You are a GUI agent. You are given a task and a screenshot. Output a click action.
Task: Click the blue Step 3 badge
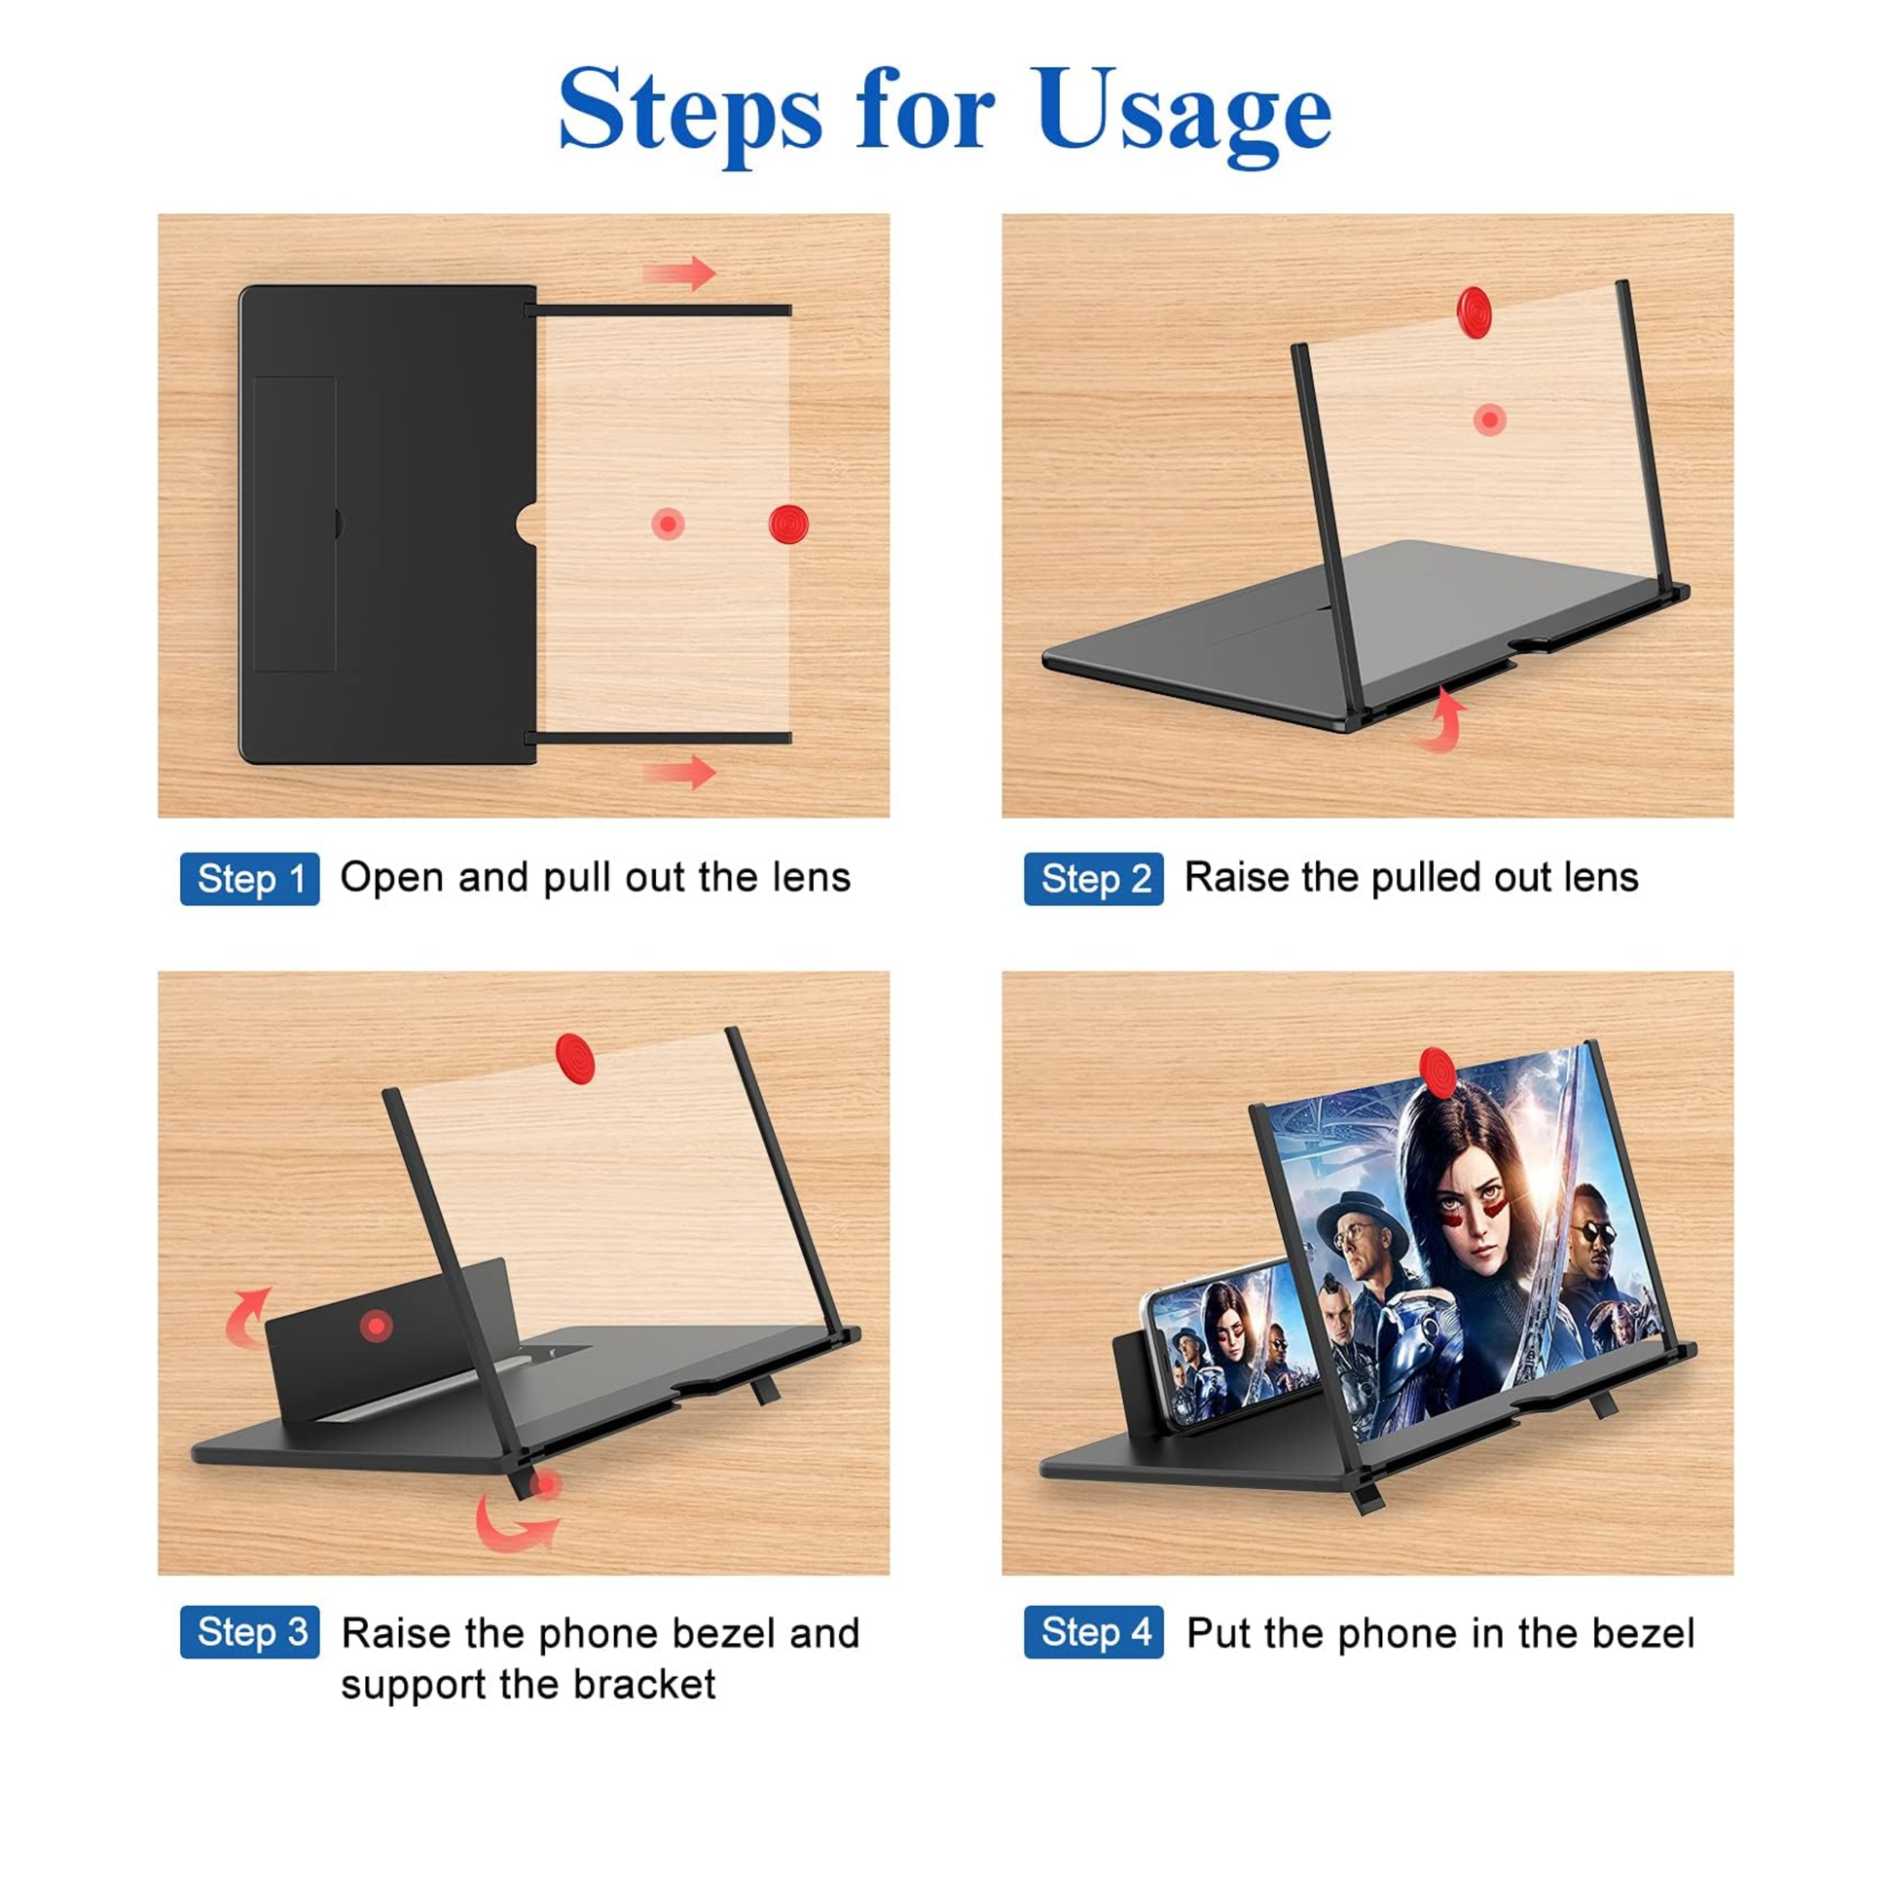(250, 1632)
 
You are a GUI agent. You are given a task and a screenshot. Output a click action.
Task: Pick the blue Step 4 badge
(1094, 1632)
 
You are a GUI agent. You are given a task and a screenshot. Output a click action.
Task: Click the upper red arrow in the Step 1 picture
(679, 273)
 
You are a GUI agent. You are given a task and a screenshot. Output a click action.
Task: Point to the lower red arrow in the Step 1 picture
(679, 772)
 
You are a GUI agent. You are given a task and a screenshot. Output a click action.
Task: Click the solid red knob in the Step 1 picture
(788, 525)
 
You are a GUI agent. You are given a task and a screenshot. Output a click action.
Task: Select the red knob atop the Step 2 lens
(1474, 311)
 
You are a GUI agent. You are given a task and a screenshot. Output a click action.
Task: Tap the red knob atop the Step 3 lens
(574, 1058)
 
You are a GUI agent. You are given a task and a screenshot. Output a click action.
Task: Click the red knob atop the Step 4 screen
(1438, 1073)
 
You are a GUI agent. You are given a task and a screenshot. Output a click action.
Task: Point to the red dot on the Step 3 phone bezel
(376, 1327)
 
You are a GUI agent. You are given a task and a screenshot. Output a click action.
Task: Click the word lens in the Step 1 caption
(811, 877)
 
